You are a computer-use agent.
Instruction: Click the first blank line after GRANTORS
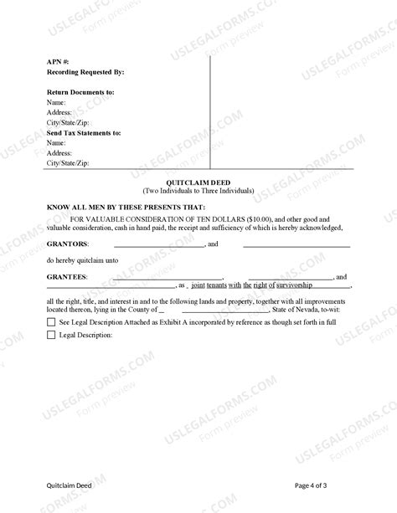[159, 245]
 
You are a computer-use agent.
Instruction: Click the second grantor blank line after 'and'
[296, 245]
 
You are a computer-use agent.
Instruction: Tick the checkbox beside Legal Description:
[52, 336]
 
